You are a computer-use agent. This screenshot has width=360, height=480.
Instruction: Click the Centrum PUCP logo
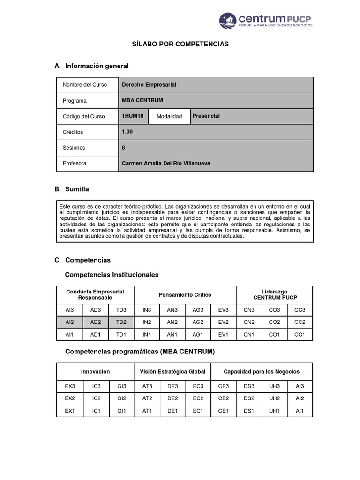pyautogui.click(x=266, y=21)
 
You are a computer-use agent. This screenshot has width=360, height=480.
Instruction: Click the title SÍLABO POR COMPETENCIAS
pyautogui.click(x=180, y=44)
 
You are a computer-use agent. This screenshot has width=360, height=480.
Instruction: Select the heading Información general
pyautogui.click(x=97, y=66)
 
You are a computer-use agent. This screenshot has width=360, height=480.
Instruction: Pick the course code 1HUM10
pyautogui.click(x=133, y=116)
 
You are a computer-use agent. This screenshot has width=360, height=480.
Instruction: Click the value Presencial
pyautogui.click(x=206, y=116)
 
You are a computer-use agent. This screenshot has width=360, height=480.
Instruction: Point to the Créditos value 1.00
pyautogui.click(x=127, y=132)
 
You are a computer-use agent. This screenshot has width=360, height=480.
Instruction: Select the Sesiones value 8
pyautogui.click(x=123, y=147)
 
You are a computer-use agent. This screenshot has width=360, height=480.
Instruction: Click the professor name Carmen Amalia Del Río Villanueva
pyautogui.click(x=166, y=163)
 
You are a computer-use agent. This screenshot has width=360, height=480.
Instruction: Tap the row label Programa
pyautogui.click(x=75, y=101)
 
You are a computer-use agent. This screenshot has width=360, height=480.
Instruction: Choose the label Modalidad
pyautogui.click(x=169, y=116)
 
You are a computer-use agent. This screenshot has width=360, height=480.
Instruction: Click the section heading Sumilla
pyautogui.click(x=77, y=189)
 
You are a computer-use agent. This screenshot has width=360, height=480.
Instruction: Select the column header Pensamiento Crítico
pyautogui.click(x=185, y=295)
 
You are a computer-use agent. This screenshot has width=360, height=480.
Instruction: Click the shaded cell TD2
pyautogui.click(x=121, y=322)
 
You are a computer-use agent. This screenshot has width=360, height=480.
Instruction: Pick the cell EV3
pyautogui.click(x=223, y=310)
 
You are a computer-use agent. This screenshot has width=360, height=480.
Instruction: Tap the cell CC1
pyautogui.click(x=300, y=335)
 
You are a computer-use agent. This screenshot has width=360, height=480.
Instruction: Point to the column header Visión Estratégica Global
pyautogui.click(x=172, y=371)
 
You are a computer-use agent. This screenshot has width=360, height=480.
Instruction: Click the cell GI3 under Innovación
pyautogui.click(x=122, y=386)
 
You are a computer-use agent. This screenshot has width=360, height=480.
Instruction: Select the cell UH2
pyautogui.click(x=274, y=398)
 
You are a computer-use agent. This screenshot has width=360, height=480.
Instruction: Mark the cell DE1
pyautogui.click(x=172, y=411)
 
